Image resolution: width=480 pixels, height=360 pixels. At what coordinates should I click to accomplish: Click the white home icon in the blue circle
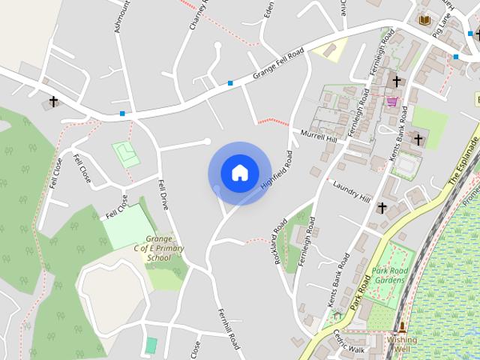[x=239, y=173]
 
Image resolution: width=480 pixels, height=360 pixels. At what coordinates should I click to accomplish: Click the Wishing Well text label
[x=402, y=343]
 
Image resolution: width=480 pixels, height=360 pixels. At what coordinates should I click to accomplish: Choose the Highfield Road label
[x=275, y=170]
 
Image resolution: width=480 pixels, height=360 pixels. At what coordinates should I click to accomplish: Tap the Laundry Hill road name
[x=352, y=193]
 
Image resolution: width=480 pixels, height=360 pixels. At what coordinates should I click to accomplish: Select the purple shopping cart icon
[x=391, y=100]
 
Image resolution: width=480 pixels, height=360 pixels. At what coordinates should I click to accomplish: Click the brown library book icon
[x=424, y=19]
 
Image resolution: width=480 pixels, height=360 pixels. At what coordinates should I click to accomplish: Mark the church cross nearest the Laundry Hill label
[x=382, y=207]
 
